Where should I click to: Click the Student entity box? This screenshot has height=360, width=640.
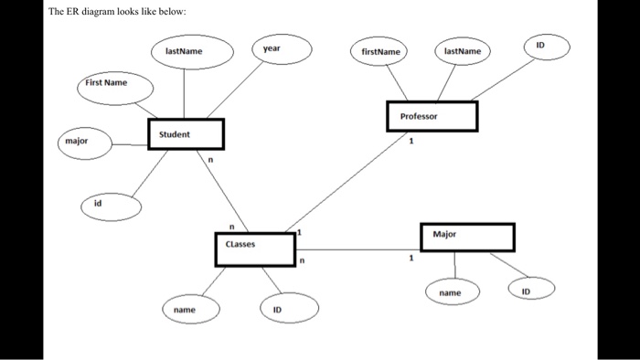point(186,134)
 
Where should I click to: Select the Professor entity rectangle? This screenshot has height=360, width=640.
point(432,116)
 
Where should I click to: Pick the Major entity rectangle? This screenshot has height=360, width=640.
point(466,237)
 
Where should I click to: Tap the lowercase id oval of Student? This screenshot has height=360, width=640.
point(111,206)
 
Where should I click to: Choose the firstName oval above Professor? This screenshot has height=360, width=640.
point(381,53)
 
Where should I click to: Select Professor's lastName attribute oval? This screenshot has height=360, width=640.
point(463,53)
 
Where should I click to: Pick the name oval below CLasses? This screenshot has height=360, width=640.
point(185,311)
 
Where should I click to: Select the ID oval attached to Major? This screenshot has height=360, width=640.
point(525,291)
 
